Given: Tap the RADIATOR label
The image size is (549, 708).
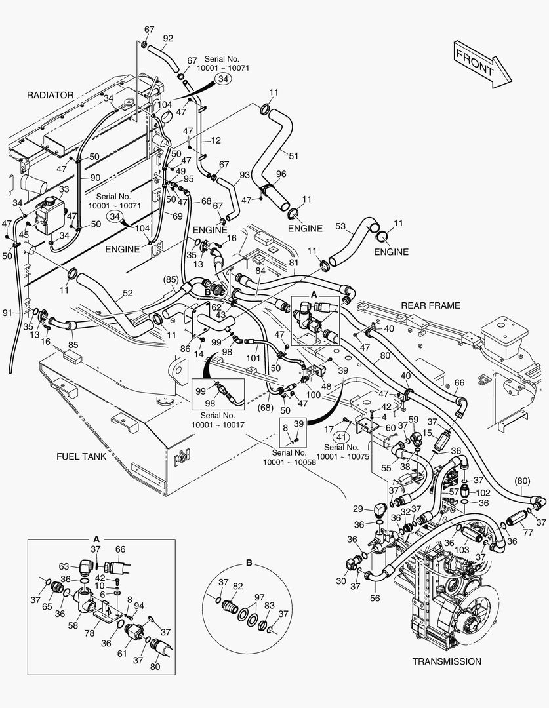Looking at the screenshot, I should [50, 95].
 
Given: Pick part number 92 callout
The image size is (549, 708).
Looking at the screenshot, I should [167, 38].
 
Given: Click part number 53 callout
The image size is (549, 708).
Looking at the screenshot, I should [340, 226].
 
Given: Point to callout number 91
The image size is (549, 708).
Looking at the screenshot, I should [7, 313].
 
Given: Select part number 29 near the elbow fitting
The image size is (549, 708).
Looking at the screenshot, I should [357, 509].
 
